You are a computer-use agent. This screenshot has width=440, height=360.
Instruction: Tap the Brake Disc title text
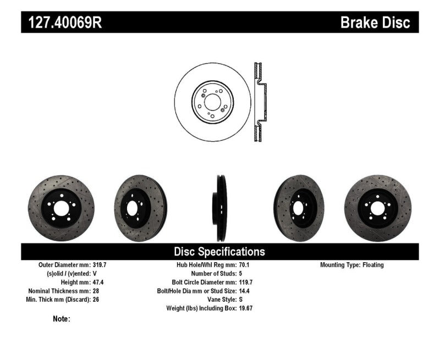(x=375, y=23)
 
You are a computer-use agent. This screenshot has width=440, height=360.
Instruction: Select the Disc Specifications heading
(x=219, y=252)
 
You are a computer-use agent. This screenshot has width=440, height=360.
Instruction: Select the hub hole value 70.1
(x=244, y=265)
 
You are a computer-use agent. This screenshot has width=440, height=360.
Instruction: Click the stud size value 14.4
(x=244, y=291)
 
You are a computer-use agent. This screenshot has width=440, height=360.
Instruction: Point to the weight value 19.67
(x=246, y=308)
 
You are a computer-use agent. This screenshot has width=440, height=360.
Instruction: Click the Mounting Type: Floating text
(x=352, y=265)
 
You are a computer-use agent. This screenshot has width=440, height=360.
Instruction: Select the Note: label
(x=62, y=319)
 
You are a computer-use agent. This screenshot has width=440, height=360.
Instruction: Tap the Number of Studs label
(x=213, y=274)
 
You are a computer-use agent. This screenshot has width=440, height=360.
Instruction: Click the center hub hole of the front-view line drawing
(x=212, y=102)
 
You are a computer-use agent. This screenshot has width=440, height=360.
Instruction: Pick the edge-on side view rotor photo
(x=219, y=207)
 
